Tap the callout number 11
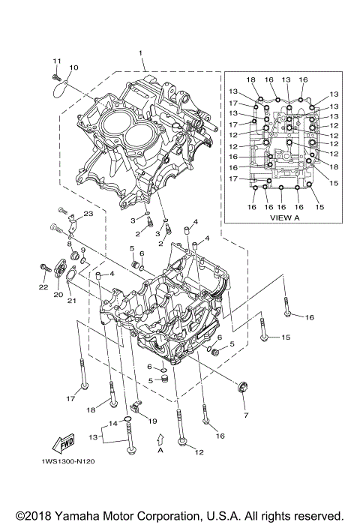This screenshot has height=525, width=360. coord(56,60)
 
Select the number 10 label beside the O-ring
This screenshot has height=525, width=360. coord(73,68)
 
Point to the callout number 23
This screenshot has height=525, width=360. coord(88,214)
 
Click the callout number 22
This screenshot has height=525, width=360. coord(43,286)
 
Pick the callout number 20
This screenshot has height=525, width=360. coord(57,295)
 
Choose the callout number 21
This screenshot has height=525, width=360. coord(72,301)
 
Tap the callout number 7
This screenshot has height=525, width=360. coord(244,414)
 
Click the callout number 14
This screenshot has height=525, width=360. coord(113,424)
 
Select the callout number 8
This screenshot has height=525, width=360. coord(69,244)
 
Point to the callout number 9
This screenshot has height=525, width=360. coord(82,250)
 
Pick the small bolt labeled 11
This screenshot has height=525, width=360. coord(56,76)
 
